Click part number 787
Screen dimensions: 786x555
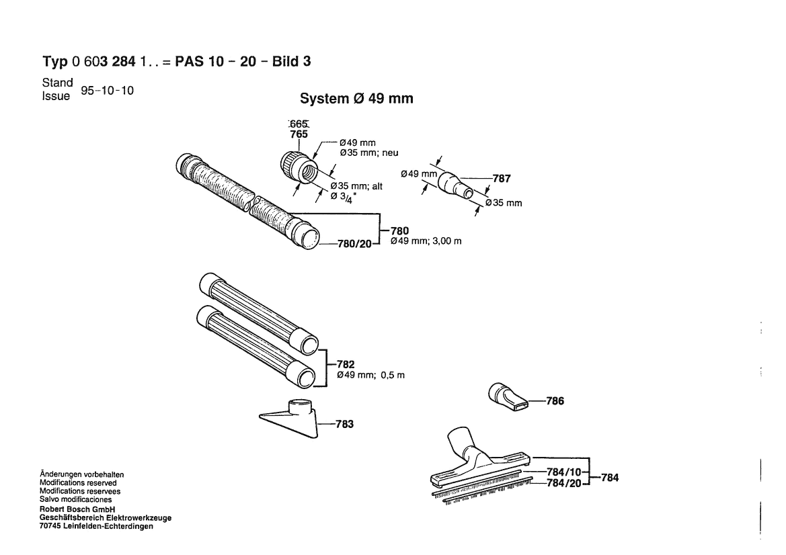coord(502,178)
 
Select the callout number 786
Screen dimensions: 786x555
coord(555,400)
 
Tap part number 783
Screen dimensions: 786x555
coord(344,424)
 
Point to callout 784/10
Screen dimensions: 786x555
coord(564,472)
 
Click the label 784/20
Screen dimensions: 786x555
coord(564,483)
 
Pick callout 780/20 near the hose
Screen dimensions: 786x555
coord(354,244)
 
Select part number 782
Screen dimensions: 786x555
coord(346,364)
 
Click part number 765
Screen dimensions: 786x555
coord(299,134)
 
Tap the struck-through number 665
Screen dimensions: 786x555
coord(299,124)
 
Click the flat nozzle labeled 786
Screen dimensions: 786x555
coord(507,398)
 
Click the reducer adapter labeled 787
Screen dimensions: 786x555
coord(455,187)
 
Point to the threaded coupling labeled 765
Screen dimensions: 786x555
coord(298,168)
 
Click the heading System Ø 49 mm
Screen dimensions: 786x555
coord(356,98)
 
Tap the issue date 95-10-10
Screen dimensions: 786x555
coord(108,91)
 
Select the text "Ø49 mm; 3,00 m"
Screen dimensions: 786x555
coord(426,241)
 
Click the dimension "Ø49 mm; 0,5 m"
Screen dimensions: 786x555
coord(370,375)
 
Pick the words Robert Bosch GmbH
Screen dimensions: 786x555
coord(77,509)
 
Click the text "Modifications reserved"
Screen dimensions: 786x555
coord(78,483)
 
